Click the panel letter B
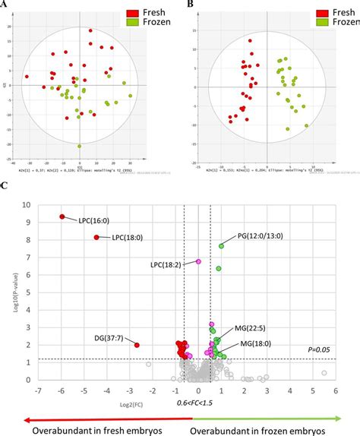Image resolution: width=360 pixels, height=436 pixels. [190, 5]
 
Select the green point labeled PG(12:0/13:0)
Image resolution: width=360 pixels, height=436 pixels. [222, 245]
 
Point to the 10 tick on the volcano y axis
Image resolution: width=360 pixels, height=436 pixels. [27, 205]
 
